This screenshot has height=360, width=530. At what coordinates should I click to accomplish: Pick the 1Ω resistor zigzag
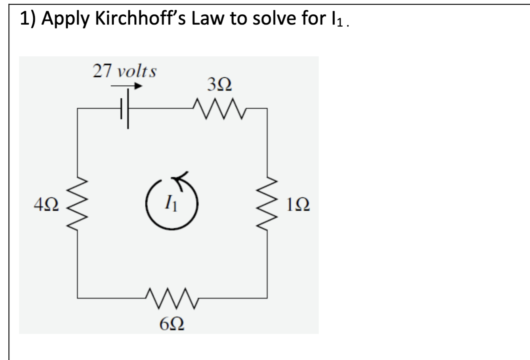pyautogui.click(x=267, y=206)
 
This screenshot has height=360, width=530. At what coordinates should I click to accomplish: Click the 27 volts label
pyautogui.click(x=124, y=72)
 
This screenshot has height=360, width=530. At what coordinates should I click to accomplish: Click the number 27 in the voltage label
pyautogui.click(x=101, y=72)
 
